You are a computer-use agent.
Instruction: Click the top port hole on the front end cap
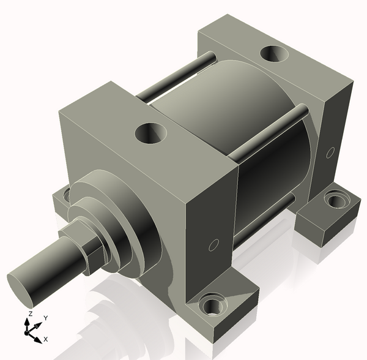click(150, 132)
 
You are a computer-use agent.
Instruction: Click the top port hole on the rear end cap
click(273, 54)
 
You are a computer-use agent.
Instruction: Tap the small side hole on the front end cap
click(213, 246)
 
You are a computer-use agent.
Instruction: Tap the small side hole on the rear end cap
click(330, 151)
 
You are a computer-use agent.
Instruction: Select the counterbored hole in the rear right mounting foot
click(336, 199)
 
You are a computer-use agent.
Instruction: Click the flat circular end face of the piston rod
click(21, 291)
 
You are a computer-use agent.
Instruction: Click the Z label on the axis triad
click(29, 314)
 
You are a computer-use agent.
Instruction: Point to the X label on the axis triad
click(46, 339)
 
